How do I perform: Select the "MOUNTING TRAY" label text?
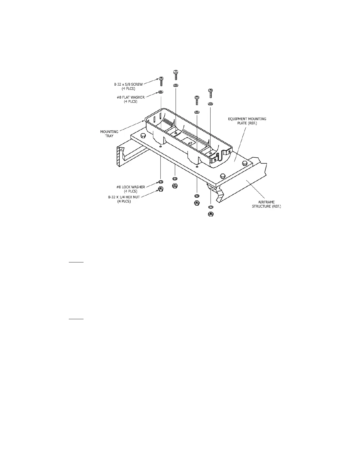coord(109,134)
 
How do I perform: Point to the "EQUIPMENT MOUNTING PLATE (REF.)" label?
coord(247,121)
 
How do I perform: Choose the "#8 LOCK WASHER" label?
coord(131,189)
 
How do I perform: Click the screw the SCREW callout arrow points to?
coord(161,81)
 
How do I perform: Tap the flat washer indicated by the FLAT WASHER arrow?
coord(161,92)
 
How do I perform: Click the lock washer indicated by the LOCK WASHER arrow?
coord(161,182)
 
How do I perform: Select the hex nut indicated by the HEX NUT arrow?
coord(161,189)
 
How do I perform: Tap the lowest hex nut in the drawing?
coord(211,214)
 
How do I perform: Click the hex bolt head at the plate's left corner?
coord(144,136)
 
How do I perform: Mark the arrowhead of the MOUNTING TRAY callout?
coord(144,121)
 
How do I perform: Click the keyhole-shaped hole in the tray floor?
coord(190,143)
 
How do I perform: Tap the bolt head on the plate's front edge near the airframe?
coord(223,176)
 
